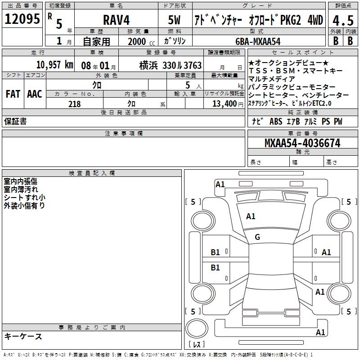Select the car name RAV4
[x=115, y=21]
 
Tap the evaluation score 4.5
[x=342, y=21]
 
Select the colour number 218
[x=74, y=104]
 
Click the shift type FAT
[x=13, y=94]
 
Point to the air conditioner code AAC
[x=34, y=94]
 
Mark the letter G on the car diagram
[x=257, y=237]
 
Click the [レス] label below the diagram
[x=196, y=345]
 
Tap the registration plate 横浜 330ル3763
[x=164, y=66]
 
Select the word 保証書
[x=15, y=121]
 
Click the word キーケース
[x=23, y=336]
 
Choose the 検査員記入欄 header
[x=92, y=173]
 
